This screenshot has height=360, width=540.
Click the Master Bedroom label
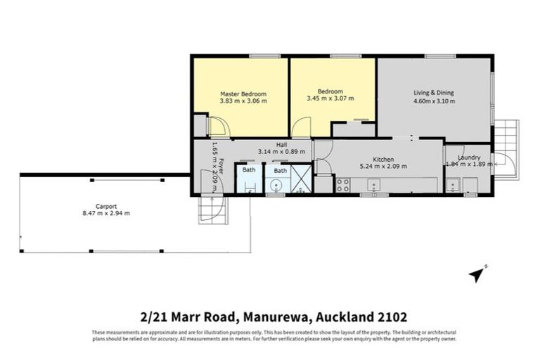[243, 94]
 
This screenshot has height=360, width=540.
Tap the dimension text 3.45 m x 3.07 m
[330, 99]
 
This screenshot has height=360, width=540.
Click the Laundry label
[468, 157]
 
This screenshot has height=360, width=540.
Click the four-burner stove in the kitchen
[343, 185]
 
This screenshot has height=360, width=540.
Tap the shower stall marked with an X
[300, 179]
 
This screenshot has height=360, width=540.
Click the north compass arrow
[478, 274]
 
